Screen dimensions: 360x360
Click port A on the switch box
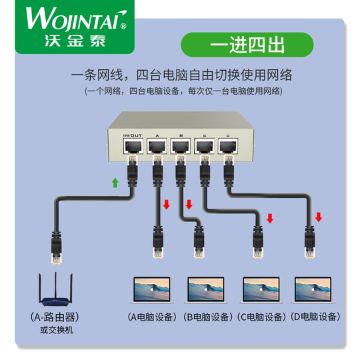[x=157, y=145]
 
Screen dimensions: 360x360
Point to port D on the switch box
[x=227, y=145]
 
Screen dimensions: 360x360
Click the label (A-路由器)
[x=54, y=316]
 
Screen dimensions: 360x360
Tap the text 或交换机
[x=54, y=329]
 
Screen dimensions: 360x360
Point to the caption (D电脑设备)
[x=315, y=317]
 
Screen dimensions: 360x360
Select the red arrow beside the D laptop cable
[x=319, y=217]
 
